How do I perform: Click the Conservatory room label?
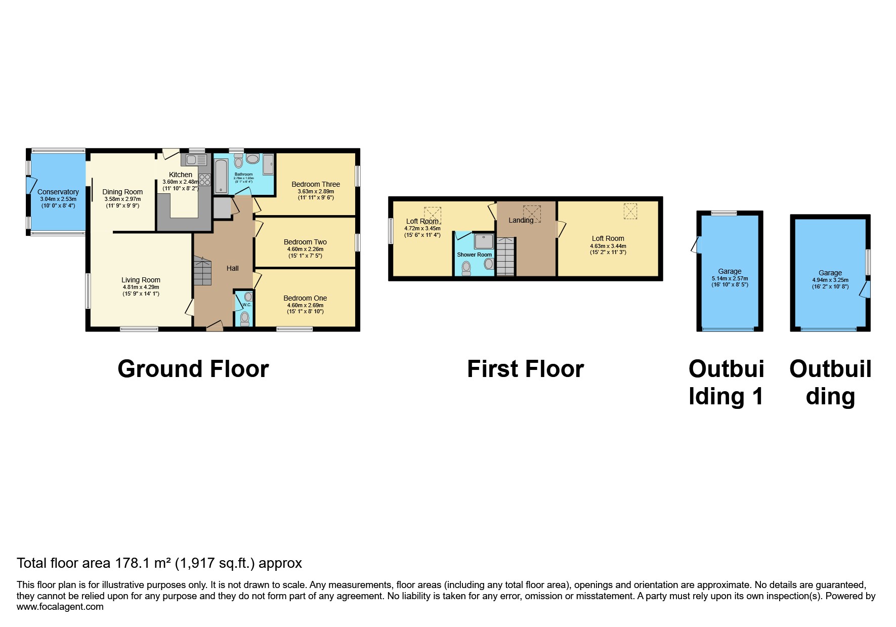coord(58,192)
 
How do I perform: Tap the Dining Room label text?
coord(122,192)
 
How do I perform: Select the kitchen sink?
coord(196,160)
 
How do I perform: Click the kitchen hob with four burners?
coord(205,180)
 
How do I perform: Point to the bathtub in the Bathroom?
coord(221,176)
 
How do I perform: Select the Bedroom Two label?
coord(305,242)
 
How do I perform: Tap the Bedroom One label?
coord(305,298)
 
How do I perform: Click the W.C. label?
coord(246,305)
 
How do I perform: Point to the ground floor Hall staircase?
coord(202,271)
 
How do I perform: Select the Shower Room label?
coord(474,255)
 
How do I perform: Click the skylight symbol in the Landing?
coord(532,214)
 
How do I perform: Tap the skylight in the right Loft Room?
coord(630,211)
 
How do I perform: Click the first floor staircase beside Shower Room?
coord(505,258)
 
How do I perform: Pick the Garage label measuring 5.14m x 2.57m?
coord(730,271)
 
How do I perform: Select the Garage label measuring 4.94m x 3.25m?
coord(830,273)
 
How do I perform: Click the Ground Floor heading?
coord(193,369)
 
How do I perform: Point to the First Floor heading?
coord(525,369)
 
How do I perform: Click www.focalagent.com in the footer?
coord(60,607)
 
